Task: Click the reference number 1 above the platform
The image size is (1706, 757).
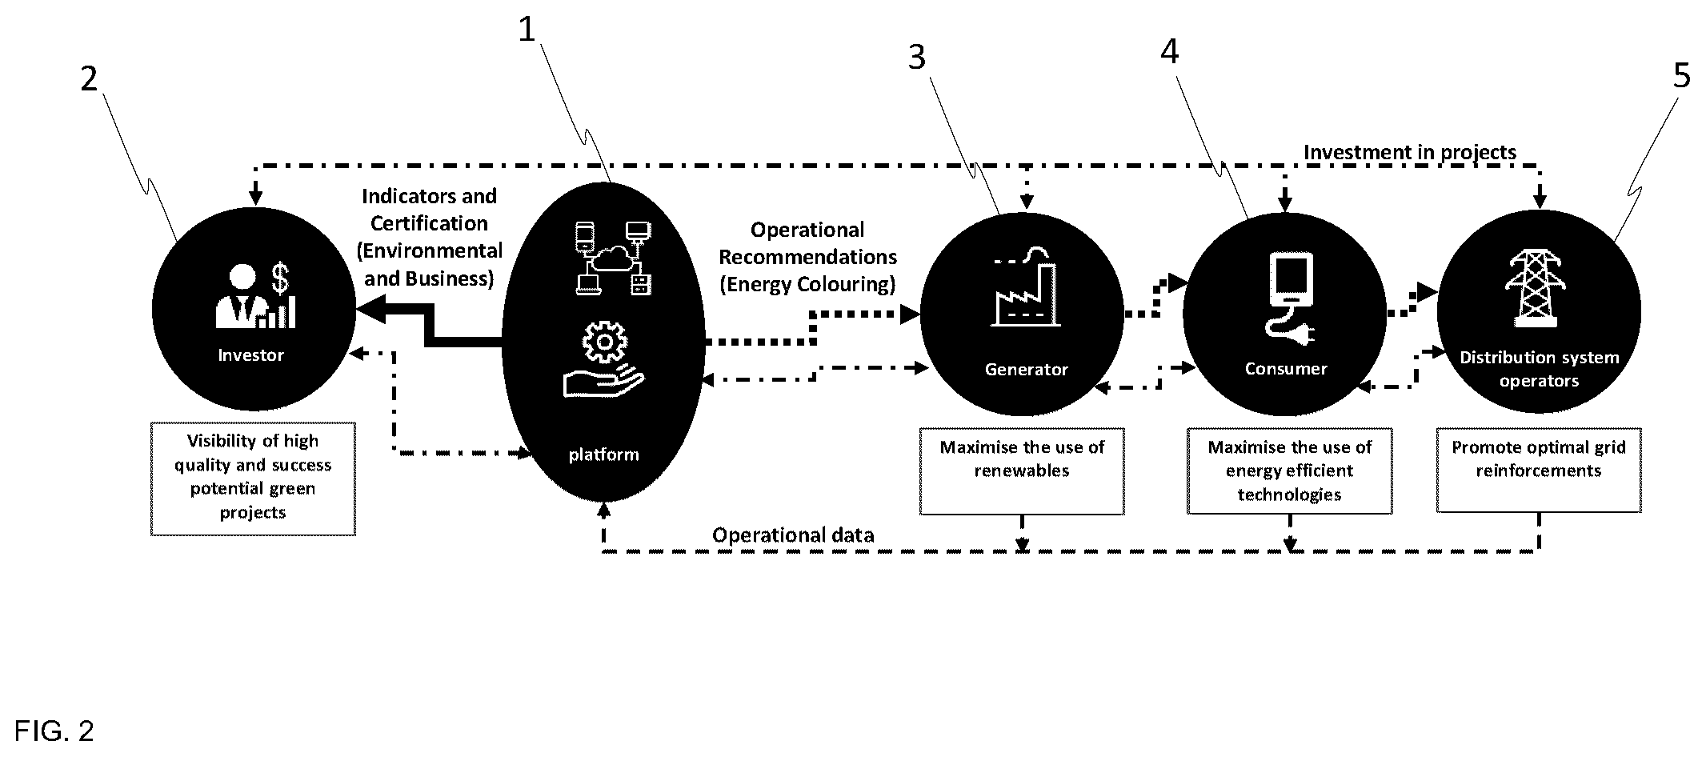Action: pyautogui.click(x=526, y=30)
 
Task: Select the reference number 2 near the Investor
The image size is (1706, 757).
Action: pyautogui.click(x=89, y=78)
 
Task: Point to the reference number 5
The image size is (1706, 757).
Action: pyautogui.click(x=1682, y=76)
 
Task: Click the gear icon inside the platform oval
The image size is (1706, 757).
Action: pyautogui.click(x=604, y=342)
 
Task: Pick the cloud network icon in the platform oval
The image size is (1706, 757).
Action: pyautogui.click(x=613, y=258)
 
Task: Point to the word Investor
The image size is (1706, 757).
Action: pyautogui.click(x=251, y=355)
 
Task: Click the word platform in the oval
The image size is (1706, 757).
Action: pyautogui.click(x=604, y=455)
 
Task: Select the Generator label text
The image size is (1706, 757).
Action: pyautogui.click(x=1026, y=370)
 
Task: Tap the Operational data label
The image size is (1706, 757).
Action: pyautogui.click(x=793, y=535)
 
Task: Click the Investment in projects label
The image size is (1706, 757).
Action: pyautogui.click(x=1410, y=152)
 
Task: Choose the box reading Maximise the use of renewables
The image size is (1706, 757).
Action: pyautogui.click(x=1022, y=472)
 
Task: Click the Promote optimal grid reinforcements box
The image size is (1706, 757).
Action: pyautogui.click(x=1539, y=471)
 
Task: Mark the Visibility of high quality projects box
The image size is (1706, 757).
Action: pyautogui.click(x=253, y=479)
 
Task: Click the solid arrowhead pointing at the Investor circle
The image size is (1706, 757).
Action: pyautogui.click(x=370, y=310)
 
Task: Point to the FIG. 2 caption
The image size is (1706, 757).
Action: pyautogui.click(x=54, y=731)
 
